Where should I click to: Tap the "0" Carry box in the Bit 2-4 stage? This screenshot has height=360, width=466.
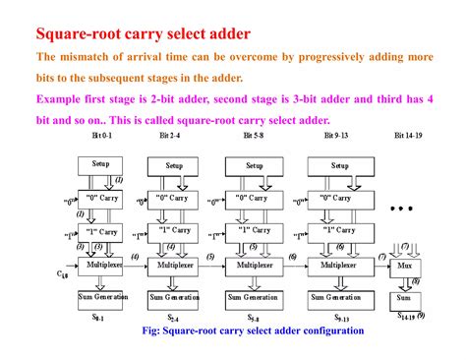click(175, 200)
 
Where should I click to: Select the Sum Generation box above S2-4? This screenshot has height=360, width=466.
click(175, 296)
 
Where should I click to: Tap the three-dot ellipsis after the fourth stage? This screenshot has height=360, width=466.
click(405, 210)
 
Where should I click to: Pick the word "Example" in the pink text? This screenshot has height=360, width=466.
click(60, 99)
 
